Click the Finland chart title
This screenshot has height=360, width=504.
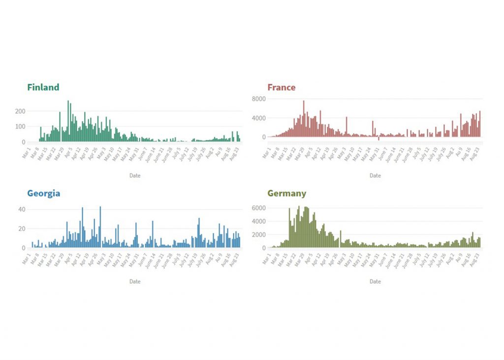coord(43,88)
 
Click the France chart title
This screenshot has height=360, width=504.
coord(281,88)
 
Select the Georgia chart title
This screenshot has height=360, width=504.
coord(43,194)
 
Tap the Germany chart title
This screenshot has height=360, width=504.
coord(286,194)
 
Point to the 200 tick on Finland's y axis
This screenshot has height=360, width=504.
coord(20,111)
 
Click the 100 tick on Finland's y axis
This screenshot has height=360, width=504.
coord(20,127)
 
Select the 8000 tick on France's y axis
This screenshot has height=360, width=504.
coord(259,99)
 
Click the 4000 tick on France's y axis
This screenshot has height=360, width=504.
coord(259,118)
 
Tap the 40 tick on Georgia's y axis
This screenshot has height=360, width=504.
coord(22,209)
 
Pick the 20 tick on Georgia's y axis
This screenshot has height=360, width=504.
coord(22,229)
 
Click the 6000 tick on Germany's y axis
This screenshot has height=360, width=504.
coord(259,208)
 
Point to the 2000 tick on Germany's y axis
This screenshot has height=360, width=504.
coord(259,235)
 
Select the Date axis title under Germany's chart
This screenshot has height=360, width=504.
coord(375,282)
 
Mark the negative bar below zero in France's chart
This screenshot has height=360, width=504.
coord(378,139)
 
